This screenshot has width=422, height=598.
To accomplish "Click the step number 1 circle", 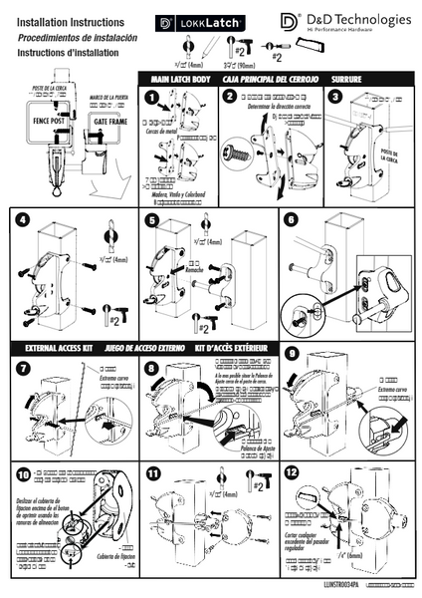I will click(x=150, y=98).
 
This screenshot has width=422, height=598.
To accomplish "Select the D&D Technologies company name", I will click(x=357, y=19).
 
